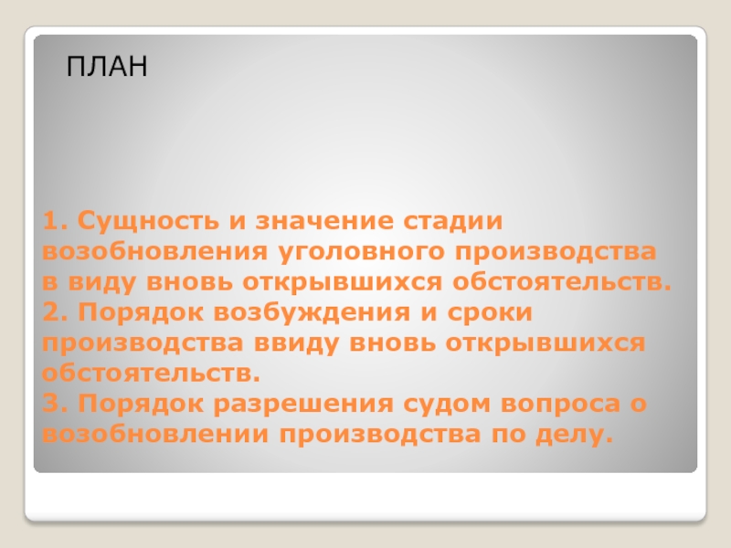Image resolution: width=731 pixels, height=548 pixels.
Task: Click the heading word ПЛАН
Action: (x=107, y=66)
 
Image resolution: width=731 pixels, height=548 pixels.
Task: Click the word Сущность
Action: (x=148, y=221)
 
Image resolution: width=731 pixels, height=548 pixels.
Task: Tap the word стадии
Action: (x=453, y=222)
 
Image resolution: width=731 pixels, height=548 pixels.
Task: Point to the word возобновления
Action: (x=154, y=252)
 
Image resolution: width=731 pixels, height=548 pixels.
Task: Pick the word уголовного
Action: (x=362, y=253)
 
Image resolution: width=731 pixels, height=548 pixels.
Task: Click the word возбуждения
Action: (x=312, y=313)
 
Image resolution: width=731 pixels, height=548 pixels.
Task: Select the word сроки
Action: (x=490, y=313)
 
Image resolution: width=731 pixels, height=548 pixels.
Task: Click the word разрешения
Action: (x=303, y=405)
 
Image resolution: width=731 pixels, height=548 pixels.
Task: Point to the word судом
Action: (x=447, y=403)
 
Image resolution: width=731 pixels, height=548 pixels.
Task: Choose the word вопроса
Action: (x=560, y=405)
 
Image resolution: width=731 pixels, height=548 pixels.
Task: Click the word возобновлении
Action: (x=155, y=435)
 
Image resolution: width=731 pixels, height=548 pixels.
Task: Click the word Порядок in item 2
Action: (x=141, y=313)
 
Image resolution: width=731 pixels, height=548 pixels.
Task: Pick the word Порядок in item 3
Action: (x=141, y=405)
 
